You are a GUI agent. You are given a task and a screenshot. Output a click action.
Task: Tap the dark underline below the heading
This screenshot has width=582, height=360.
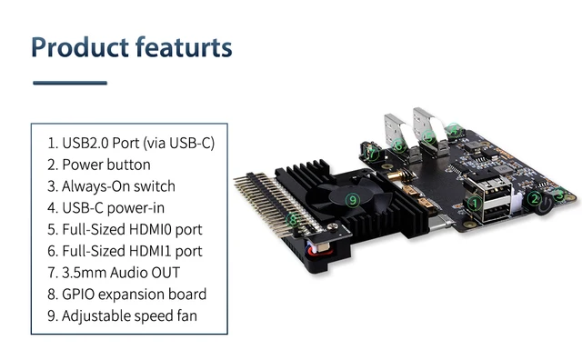pyautogui.click(x=70, y=83)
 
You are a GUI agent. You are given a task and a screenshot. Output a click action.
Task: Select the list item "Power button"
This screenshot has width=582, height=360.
pyautogui.click(x=105, y=165)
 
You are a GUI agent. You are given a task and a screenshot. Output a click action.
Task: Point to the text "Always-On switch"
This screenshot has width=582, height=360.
pyautogui.click(x=118, y=186)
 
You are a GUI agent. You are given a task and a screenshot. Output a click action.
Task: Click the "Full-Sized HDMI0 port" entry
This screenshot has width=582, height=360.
pyautogui.click(x=131, y=229)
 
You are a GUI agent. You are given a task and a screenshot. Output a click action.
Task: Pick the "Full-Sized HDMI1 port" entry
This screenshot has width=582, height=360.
pyautogui.click(x=131, y=251)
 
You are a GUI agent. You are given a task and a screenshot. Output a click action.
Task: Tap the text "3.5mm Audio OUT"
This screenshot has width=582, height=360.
pyautogui.click(x=120, y=273)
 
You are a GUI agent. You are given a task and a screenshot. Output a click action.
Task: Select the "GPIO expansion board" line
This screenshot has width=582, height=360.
pyautogui.click(x=134, y=295)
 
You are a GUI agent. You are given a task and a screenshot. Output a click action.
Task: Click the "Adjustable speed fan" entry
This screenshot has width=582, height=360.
pyautogui.click(x=128, y=316)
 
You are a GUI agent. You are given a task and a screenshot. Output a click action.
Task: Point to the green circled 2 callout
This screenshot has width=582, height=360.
pyautogui.click(x=537, y=199)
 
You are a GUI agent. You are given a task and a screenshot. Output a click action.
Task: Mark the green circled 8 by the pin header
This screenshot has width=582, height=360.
pyautogui.click(x=292, y=219)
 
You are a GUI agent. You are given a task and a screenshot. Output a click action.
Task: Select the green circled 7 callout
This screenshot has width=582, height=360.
pyautogui.click(x=372, y=154)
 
